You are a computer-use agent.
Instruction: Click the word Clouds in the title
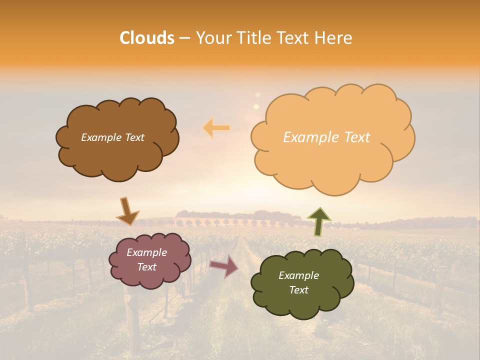147,38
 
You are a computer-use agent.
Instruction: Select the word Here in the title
335,38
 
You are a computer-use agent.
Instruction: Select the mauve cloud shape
150,277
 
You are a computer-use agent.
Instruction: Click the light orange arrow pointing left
216,128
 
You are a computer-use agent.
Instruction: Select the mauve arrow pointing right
224,266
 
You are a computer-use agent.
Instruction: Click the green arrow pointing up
319,221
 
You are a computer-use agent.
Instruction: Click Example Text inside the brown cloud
112,137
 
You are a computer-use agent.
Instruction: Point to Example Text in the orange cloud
326,137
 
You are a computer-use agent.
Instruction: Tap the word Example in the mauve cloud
146,252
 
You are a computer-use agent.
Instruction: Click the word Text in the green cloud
298,290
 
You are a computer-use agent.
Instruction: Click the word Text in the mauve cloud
146,267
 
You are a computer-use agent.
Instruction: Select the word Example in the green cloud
298,275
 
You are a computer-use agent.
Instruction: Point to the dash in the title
184,38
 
